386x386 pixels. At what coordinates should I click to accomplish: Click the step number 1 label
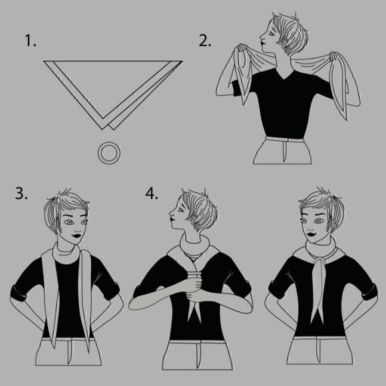pos(31,41)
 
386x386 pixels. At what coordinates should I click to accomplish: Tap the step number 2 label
pos(205,41)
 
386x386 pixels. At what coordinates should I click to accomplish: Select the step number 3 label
pos(21,193)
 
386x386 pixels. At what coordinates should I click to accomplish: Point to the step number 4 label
pos(151,193)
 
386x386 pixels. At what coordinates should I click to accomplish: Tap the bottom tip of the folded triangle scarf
pos(102,129)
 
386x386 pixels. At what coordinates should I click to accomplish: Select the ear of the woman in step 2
pos(285,41)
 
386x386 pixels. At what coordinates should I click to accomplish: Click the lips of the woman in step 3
pos(77,236)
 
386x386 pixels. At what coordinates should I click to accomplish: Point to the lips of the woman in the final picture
pos(311,234)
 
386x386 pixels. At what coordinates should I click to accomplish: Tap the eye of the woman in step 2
pos(272,33)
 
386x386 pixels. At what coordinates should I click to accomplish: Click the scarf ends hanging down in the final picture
pos(318,290)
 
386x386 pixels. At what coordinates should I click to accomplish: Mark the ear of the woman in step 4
pos(194,218)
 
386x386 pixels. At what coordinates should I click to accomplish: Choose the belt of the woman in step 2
pos(285,140)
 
